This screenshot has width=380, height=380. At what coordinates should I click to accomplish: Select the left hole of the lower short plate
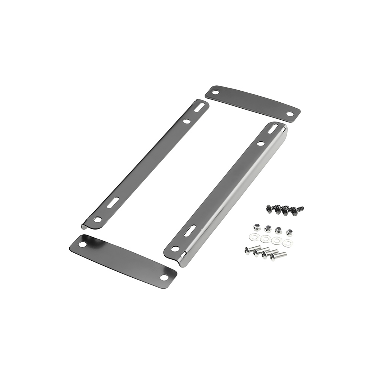[x=82, y=245]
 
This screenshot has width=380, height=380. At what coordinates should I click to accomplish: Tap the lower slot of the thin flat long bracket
[x=113, y=202]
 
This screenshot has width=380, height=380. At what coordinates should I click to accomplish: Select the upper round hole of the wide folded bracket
[x=261, y=143]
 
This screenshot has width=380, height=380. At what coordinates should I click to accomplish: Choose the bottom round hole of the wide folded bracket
[x=174, y=248]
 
